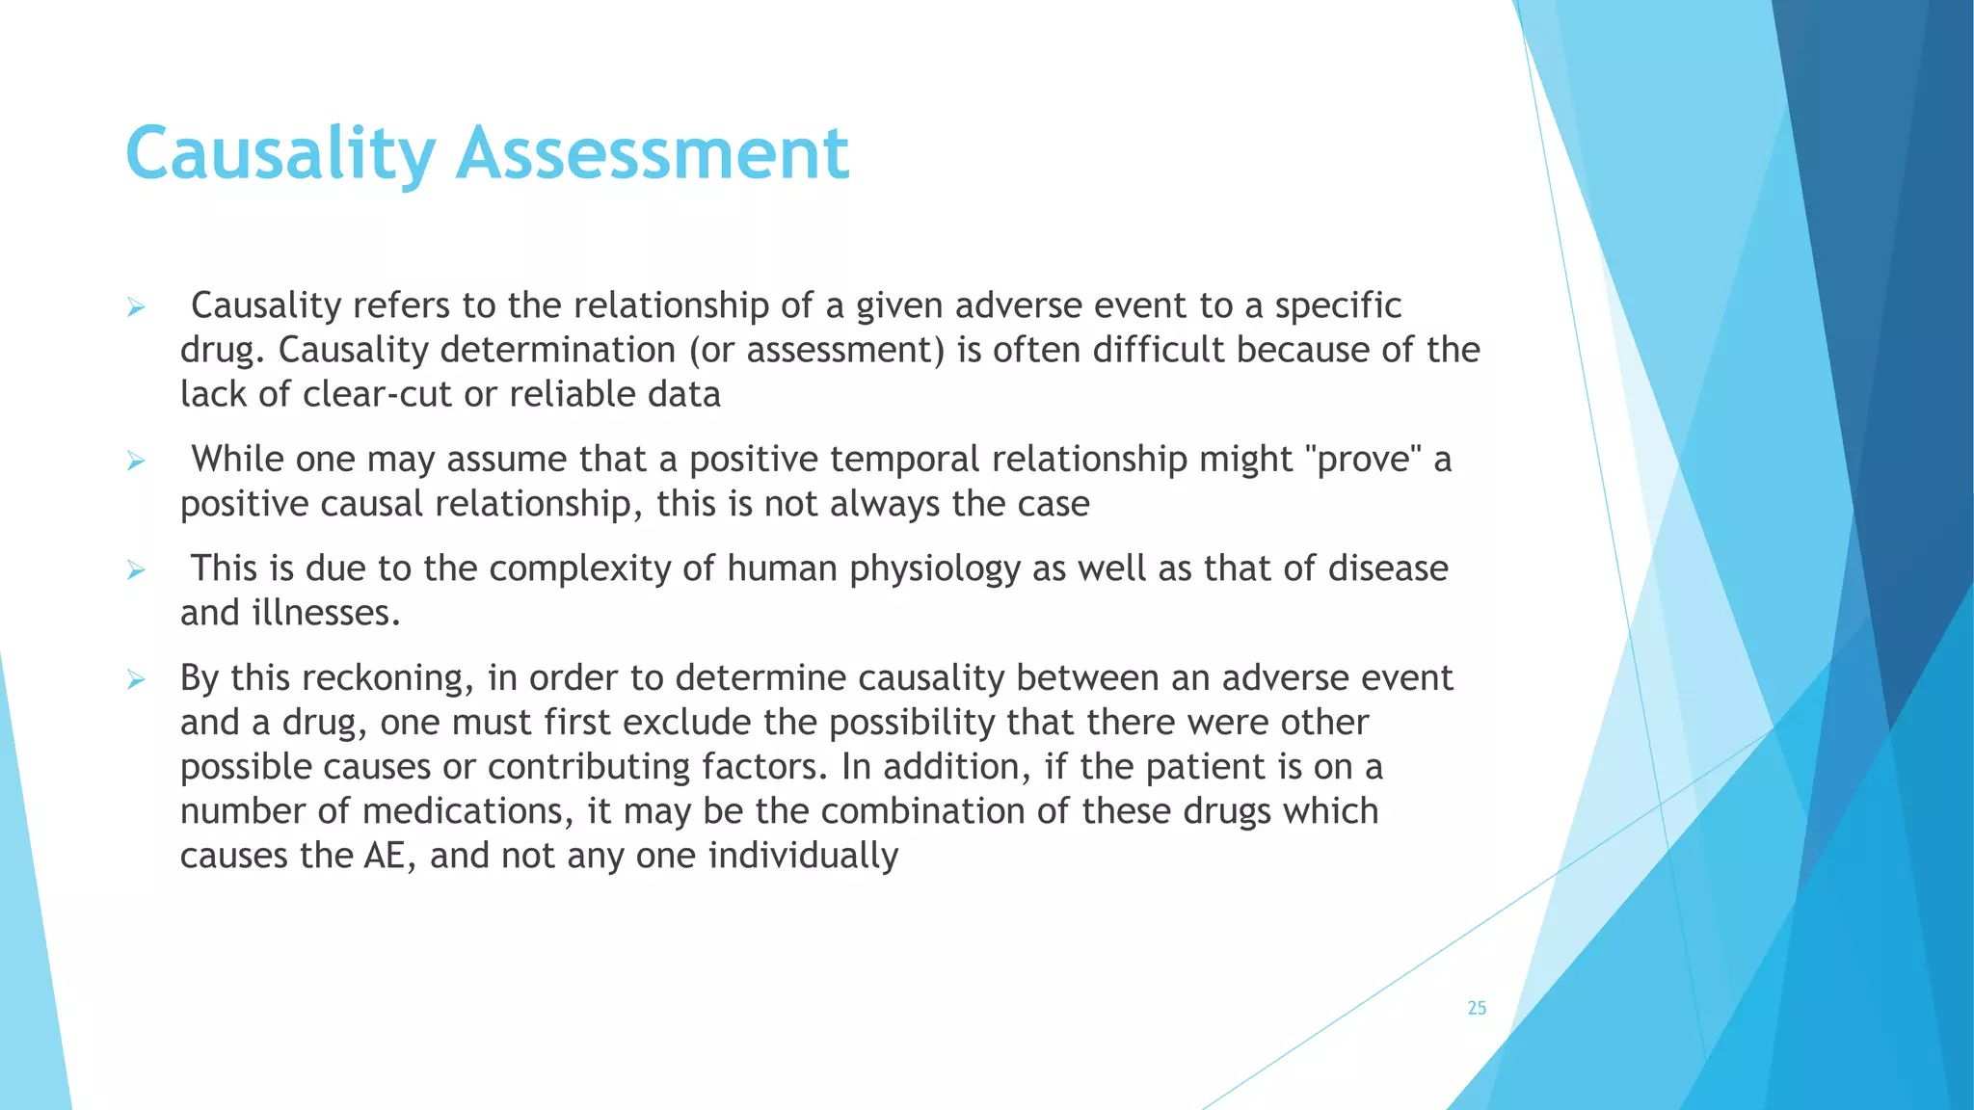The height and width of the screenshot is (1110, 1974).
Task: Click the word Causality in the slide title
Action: pyautogui.click(x=280, y=154)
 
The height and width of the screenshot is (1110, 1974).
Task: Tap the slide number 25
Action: pyautogui.click(x=1477, y=1008)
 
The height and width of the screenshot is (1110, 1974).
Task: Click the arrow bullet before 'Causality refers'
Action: pyautogui.click(x=136, y=307)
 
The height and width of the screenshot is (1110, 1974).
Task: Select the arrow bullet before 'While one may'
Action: pyautogui.click(x=136, y=462)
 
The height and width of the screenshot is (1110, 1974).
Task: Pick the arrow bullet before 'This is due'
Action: pyautogui.click(x=136, y=570)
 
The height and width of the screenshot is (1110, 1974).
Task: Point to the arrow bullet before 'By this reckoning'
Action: pyautogui.click(x=136, y=680)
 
